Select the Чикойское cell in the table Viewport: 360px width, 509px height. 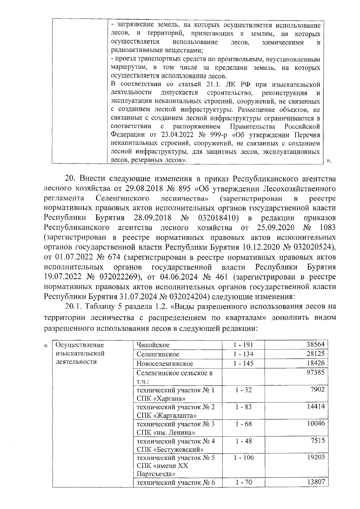click(x=153, y=345)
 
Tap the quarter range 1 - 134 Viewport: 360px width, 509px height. click(x=243, y=354)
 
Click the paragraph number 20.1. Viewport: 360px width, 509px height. click(x=74, y=307)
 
